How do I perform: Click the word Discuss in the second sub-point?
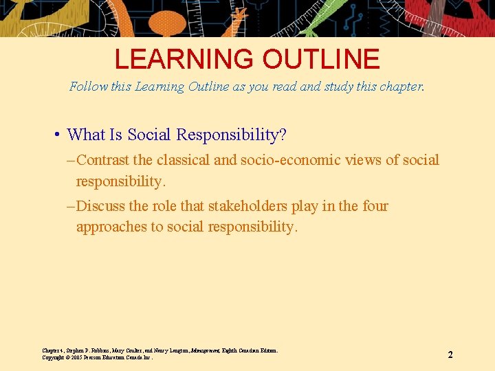click(101, 206)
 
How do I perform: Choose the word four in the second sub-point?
click(375, 206)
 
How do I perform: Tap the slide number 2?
click(450, 355)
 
